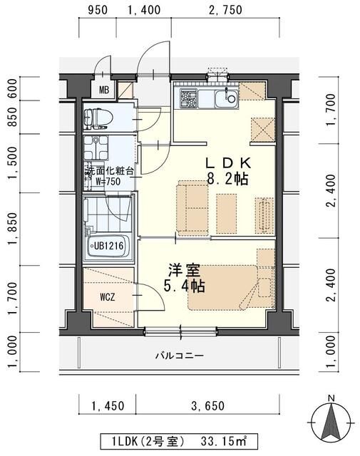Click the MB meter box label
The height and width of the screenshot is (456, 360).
pos(104,90)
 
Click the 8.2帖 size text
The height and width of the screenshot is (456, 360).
pos(227,179)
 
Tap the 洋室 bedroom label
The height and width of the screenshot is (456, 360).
pos(184,271)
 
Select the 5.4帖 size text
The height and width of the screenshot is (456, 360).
pos(185,287)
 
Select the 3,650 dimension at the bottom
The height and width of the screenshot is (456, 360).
pos(207,406)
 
